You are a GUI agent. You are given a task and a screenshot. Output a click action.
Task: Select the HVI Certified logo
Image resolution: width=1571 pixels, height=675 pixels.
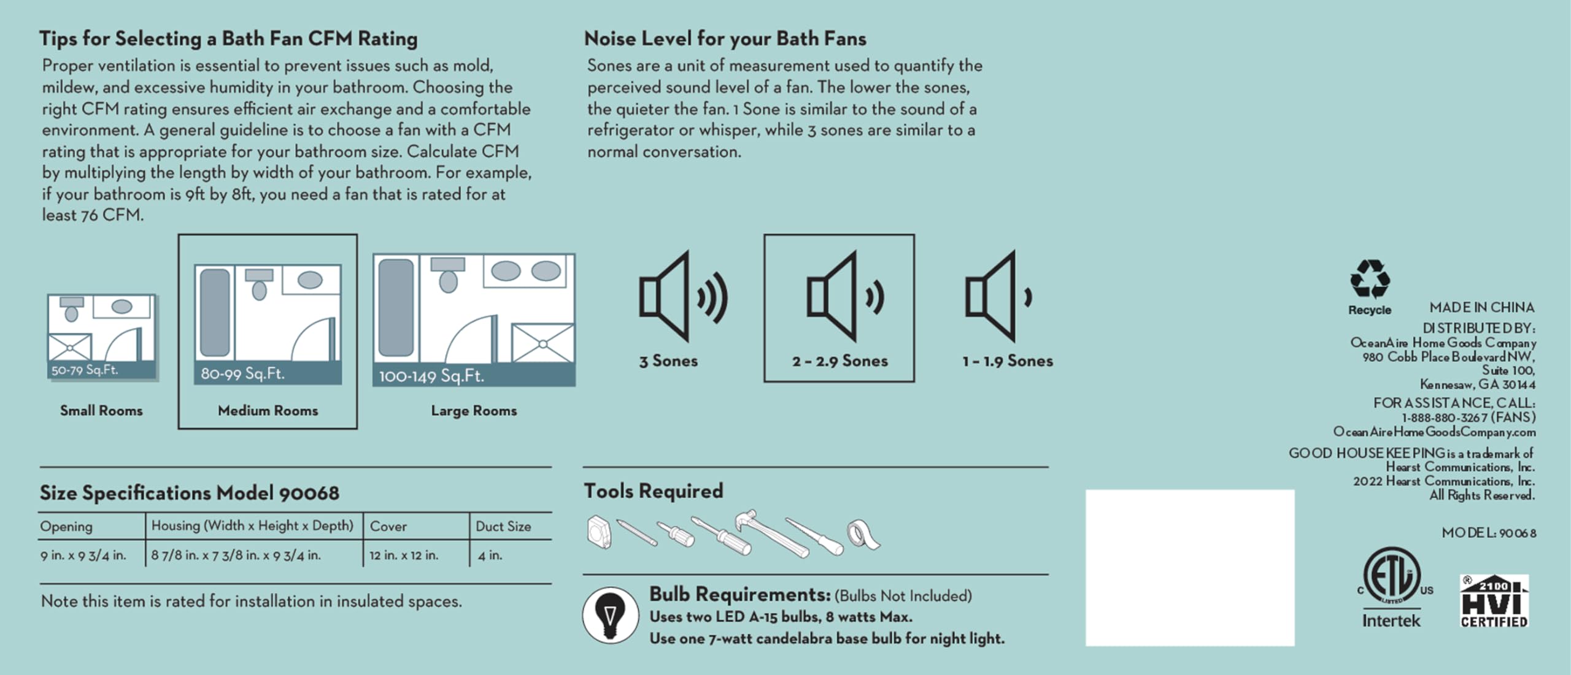(1494, 601)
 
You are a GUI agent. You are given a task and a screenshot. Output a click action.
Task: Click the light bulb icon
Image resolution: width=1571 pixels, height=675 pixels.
(610, 615)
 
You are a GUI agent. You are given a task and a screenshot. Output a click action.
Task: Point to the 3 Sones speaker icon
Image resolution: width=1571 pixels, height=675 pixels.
(682, 296)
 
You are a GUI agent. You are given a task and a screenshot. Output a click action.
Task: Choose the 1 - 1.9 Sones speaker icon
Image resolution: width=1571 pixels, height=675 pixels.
(998, 296)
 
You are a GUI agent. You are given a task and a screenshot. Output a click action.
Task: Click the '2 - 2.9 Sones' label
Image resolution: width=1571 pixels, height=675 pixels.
(840, 361)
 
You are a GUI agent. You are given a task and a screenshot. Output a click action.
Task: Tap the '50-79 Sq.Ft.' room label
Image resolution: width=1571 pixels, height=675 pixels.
(85, 370)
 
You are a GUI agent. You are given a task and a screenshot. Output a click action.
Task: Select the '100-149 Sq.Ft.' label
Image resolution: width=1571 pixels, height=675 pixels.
(431, 376)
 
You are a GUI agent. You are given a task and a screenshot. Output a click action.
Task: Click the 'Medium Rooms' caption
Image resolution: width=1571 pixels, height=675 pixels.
(268, 411)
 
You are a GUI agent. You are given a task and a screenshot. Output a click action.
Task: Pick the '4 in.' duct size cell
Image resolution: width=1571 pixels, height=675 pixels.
(490, 555)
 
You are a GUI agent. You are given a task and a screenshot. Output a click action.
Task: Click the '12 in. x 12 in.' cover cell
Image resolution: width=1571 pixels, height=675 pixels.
(404, 555)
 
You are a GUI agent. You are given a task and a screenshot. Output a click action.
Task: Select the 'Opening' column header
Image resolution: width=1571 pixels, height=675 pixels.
(66, 526)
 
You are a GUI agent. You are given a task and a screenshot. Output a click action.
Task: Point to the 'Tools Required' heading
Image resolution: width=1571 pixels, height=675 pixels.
(654, 491)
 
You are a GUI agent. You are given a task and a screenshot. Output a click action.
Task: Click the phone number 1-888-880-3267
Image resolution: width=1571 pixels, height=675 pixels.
(1445, 418)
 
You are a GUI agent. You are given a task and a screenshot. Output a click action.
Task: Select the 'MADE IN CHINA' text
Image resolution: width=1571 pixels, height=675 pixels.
(1481, 307)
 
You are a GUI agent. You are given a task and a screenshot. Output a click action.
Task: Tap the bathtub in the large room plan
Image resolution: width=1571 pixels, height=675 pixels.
(396, 307)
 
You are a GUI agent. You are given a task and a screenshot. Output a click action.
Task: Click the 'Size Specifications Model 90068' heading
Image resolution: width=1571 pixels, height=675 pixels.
(190, 493)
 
